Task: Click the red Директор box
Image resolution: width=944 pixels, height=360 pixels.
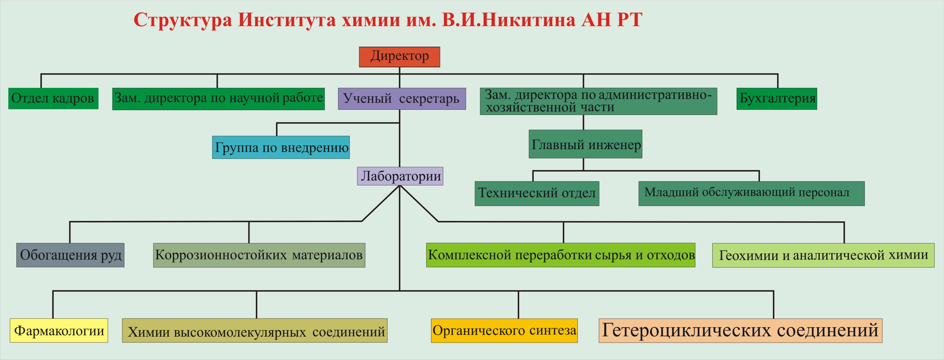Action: [x=399, y=57]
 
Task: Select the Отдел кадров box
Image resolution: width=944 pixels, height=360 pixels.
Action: [x=53, y=98]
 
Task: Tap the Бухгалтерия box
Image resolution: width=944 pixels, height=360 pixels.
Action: [x=776, y=99]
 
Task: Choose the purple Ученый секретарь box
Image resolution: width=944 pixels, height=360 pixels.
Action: [x=402, y=99]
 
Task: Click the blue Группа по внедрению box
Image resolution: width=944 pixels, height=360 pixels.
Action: [x=281, y=147]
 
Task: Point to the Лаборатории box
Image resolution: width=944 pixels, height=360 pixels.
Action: [x=400, y=176]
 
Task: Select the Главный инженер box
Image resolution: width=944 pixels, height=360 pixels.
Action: [x=585, y=144]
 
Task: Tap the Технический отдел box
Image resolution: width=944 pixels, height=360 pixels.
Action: [x=537, y=193]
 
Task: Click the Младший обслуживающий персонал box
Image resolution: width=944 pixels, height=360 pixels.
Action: [x=751, y=193]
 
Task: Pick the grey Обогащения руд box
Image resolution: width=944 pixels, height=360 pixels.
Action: [x=70, y=255]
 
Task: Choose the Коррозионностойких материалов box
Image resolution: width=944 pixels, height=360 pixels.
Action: [x=259, y=255]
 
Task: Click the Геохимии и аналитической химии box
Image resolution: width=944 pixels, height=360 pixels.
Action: [x=823, y=255]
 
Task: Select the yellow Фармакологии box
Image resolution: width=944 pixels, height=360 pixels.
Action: [x=59, y=330]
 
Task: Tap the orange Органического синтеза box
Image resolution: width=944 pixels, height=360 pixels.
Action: [x=504, y=330]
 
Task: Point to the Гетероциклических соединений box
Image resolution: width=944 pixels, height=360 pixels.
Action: [x=740, y=330]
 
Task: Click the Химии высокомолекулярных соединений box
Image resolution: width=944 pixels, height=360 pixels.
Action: [x=255, y=330]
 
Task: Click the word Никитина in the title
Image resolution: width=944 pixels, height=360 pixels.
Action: [x=527, y=20]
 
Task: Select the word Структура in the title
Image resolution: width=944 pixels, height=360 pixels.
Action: [x=183, y=20]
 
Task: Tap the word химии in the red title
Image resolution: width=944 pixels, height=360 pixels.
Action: [x=370, y=20]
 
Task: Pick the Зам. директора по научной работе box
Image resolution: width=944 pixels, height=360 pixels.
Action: [x=218, y=99]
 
